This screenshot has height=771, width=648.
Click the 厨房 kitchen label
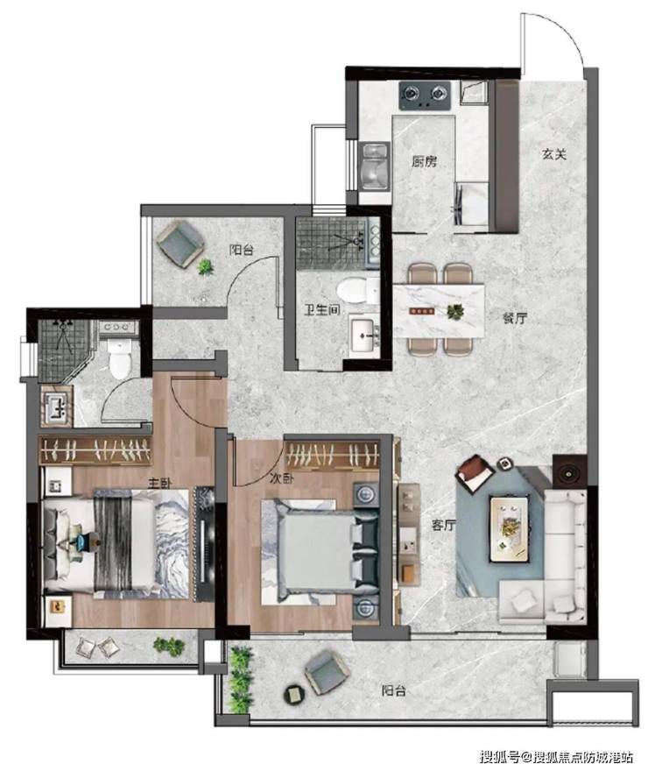[x=424, y=161]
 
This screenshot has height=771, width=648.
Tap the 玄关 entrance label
[x=554, y=154]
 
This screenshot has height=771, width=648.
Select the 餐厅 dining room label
[x=514, y=318]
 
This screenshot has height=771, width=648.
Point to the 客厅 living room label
[x=444, y=525]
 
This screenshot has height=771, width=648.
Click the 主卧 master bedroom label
[x=159, y=483]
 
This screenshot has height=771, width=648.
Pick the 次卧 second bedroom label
[x=281, y=478]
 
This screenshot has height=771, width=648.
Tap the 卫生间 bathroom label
[x=321, y=310]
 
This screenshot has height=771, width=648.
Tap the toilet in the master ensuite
[x=119, y=359]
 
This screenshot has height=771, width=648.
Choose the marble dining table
[x=439, y=311]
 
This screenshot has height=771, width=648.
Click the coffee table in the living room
[x=510, y=528]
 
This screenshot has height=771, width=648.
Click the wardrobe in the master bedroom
[x=95, y=449]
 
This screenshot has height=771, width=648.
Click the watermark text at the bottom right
[x=556, y=756]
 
